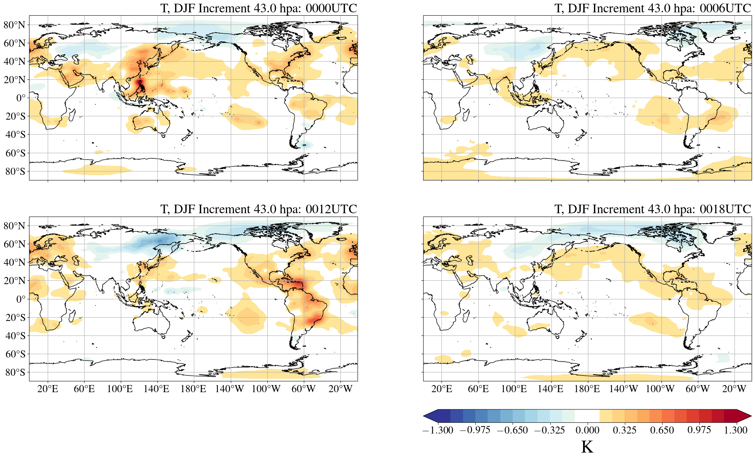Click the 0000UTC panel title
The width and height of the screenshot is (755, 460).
258,8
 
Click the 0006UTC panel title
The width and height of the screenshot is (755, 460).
652,8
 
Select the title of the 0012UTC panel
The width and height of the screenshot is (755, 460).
258,209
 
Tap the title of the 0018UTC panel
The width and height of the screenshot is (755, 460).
652,209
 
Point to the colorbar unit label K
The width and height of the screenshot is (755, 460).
587,447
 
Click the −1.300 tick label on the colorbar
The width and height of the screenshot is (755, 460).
438,430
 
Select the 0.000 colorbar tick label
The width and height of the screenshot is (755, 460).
587,430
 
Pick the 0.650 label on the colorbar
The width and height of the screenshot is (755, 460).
662,430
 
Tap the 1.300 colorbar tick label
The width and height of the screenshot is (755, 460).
736,430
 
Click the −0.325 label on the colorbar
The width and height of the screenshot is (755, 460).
550,430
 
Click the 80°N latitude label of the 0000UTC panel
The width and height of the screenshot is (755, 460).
15,25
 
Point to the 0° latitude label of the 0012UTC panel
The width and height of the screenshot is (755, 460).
21,299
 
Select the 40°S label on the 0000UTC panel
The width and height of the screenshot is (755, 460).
15,135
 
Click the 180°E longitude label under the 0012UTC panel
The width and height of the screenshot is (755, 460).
193,389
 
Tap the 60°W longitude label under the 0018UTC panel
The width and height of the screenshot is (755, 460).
697,389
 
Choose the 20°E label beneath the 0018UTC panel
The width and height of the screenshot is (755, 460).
441,389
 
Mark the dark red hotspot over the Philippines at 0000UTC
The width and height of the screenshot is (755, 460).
140,83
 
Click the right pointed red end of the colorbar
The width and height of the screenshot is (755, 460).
744,416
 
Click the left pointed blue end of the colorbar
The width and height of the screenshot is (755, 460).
430,416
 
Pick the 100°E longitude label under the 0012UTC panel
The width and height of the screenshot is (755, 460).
120,389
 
